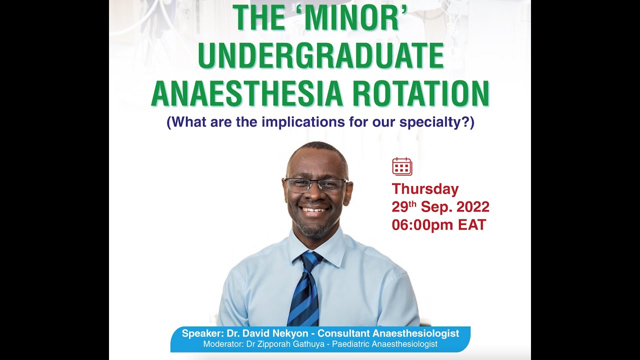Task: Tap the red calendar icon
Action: click(402, 166)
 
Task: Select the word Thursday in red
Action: click(425, 189)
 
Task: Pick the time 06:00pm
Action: click(422, 225)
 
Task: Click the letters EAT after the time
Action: click(472, 225)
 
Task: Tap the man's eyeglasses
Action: click(315, 185)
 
